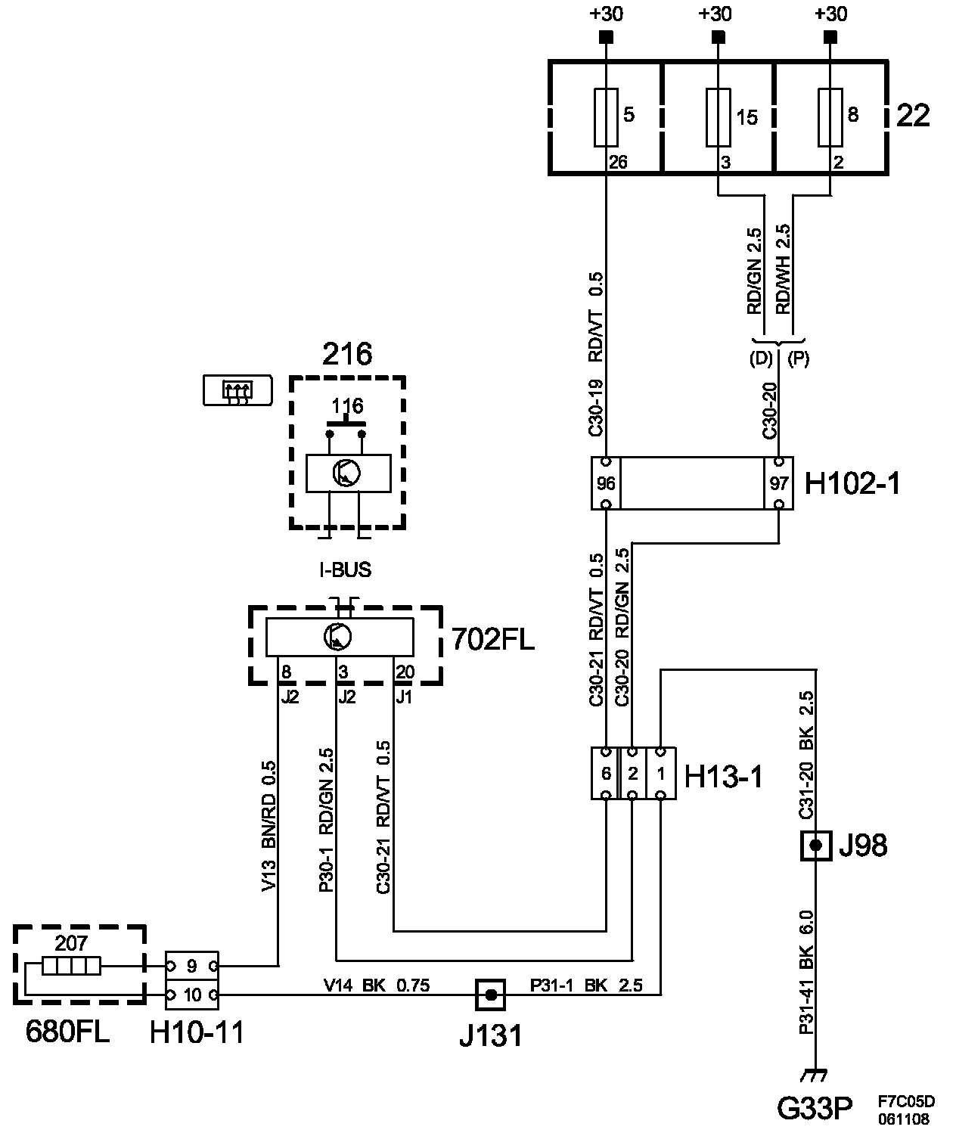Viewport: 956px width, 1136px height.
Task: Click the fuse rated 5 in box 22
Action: coord(606,117)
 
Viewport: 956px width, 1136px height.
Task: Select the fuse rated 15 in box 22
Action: coord(719,117)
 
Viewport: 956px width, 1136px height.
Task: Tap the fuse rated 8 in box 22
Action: coord(830,117)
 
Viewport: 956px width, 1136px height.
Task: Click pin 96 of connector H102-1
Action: coord(606,483)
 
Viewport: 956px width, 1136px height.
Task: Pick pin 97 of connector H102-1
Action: coord(779,483)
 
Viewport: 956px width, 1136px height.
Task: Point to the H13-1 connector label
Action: coord(724,777)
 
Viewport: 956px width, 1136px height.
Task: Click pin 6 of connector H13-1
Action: coord(606,773)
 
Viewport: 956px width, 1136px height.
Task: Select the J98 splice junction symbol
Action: coord(816,846)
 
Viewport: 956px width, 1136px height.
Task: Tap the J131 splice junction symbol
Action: coord(490,995)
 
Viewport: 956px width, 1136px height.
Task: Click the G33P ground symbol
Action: coord(815,1075)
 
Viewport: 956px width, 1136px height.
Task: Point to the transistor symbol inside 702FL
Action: coord(337,637)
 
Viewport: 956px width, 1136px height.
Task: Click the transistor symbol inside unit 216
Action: coord(346,473)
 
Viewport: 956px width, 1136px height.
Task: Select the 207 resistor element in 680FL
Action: coord(71,967)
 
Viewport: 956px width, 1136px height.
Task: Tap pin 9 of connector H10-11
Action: coord(192,967)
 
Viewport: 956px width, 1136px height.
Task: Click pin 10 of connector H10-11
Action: coord(192,995)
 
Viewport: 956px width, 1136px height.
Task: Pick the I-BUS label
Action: coord(346,570)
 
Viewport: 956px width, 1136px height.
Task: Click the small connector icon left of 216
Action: coord(237,390)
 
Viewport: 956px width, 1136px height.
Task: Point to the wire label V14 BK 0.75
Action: coord(377,985)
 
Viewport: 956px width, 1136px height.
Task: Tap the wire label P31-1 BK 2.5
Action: coord(587,985)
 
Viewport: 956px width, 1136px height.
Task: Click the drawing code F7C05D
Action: coord(907,1102)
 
